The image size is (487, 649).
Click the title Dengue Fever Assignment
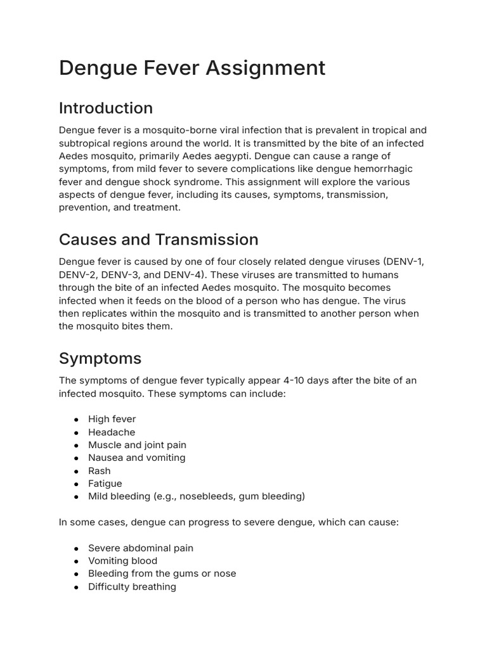pos(192,68)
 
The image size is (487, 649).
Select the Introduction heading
pos(106,108)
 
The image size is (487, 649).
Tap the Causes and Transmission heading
pos(159,240)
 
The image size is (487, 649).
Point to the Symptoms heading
pos(100,358)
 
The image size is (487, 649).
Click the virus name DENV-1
pos(406,262)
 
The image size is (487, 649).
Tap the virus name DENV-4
pos(184,274)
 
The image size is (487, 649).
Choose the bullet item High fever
pos(112,419)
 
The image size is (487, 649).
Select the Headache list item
pos(112,432)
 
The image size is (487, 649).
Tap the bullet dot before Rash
pos(76,471)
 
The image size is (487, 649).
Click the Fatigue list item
pos(105,484)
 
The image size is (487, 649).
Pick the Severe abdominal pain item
pos(141,548)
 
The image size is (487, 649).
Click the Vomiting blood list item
pos(122,561)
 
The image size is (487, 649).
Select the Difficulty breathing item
pos(132,587)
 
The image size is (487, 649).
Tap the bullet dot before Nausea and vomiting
pos(76,458)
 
